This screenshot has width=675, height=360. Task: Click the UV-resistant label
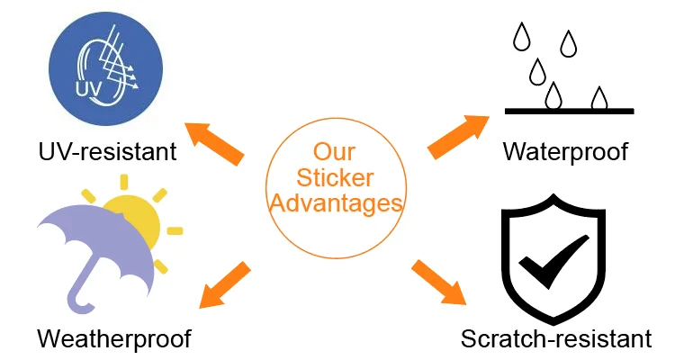(107, 149)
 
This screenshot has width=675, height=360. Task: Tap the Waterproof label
(564, 150)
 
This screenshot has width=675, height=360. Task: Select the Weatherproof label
(114, 339)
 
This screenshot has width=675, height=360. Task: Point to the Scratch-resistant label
(555, 339)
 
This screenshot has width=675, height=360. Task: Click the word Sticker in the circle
(335, 176)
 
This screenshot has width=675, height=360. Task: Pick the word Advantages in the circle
(335, 203)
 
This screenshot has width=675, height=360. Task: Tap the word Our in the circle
(335, 150)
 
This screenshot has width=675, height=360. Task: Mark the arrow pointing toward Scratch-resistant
(440, 282)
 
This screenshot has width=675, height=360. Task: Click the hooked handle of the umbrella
(82, 297)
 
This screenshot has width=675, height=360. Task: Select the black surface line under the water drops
(569, 112)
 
